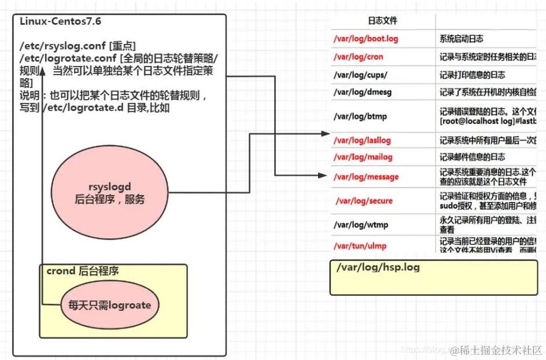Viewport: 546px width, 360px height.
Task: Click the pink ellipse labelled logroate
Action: point(109,305)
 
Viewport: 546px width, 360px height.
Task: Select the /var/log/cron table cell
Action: point(358,57)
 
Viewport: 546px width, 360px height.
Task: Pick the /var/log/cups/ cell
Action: point(360,75)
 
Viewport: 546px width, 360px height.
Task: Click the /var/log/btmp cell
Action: point(360,116)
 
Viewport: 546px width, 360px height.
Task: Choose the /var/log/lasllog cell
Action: point(363,140)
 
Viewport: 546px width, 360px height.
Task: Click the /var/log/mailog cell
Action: point(363,157)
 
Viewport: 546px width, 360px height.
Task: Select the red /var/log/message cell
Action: point(366,177)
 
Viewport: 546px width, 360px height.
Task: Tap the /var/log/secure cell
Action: point(364,201)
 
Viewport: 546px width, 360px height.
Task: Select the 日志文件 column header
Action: point(383,21)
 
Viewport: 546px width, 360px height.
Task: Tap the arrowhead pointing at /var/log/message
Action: point(323,175)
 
